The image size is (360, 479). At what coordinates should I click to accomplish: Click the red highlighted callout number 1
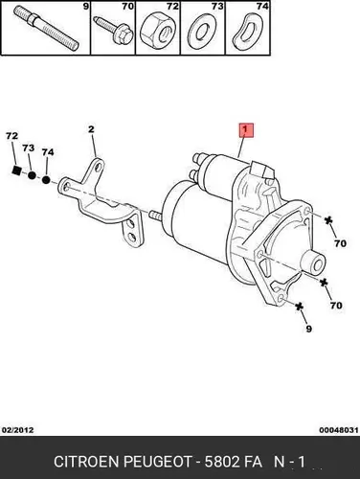246,130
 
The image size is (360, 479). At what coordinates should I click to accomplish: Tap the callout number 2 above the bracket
91,129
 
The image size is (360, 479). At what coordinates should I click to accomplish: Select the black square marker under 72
16,171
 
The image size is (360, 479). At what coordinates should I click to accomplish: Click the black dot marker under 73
32,175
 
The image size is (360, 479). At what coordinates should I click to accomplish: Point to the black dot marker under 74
46,180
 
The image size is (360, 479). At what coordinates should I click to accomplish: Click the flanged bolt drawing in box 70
114,30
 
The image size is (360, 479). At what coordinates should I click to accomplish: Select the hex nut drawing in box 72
157,31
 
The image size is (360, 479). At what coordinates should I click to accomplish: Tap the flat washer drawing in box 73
202,32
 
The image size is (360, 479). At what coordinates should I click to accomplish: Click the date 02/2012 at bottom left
17,430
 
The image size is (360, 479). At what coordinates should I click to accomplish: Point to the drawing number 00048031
339,430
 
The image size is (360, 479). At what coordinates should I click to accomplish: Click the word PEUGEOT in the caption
158,462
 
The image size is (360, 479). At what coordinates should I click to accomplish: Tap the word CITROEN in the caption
87,462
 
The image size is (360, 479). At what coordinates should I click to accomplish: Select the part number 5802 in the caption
222,462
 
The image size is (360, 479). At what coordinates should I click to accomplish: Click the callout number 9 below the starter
308,329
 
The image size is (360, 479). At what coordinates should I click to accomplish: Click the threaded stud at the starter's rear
154,216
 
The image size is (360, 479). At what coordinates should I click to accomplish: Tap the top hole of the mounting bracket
99,166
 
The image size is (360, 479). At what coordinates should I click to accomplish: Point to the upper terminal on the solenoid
198,159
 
